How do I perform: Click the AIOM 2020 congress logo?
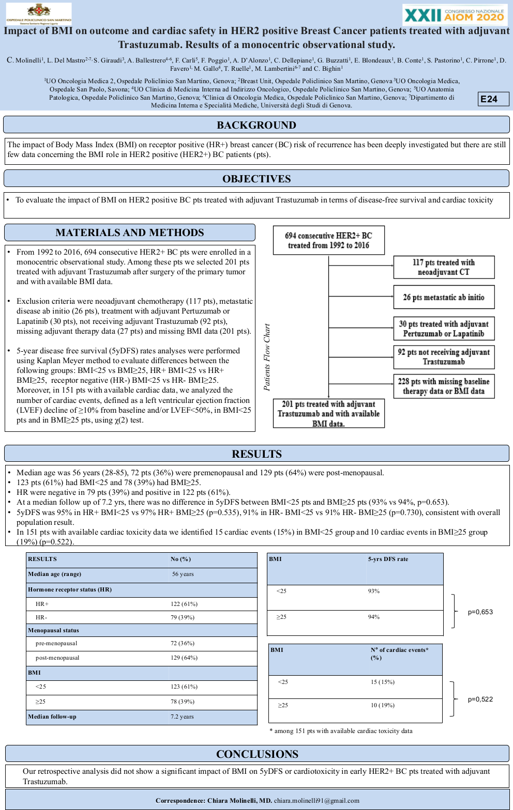[455, 14]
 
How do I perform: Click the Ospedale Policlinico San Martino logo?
[39, 14]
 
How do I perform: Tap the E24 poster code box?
[493, 99]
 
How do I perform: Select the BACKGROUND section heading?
[256, 125]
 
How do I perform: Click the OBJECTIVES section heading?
[256, 179]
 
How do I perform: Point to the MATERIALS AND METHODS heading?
[130, 232]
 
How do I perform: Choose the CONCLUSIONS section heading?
[257, 754]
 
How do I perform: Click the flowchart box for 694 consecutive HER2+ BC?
[328, 240]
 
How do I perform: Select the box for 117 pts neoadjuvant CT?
[444, 267]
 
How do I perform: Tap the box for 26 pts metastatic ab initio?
[444, 297]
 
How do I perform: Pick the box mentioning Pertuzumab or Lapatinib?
[444, 329]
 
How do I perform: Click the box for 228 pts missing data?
[444, 386]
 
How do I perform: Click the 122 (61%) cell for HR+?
[184, 604]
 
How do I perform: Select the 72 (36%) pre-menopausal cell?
[183, 643]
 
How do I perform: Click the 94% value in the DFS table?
[374, 617]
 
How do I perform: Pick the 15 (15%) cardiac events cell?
[383, 682]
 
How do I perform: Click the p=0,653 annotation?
[480, 612]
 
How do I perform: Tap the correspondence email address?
[316, 800]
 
